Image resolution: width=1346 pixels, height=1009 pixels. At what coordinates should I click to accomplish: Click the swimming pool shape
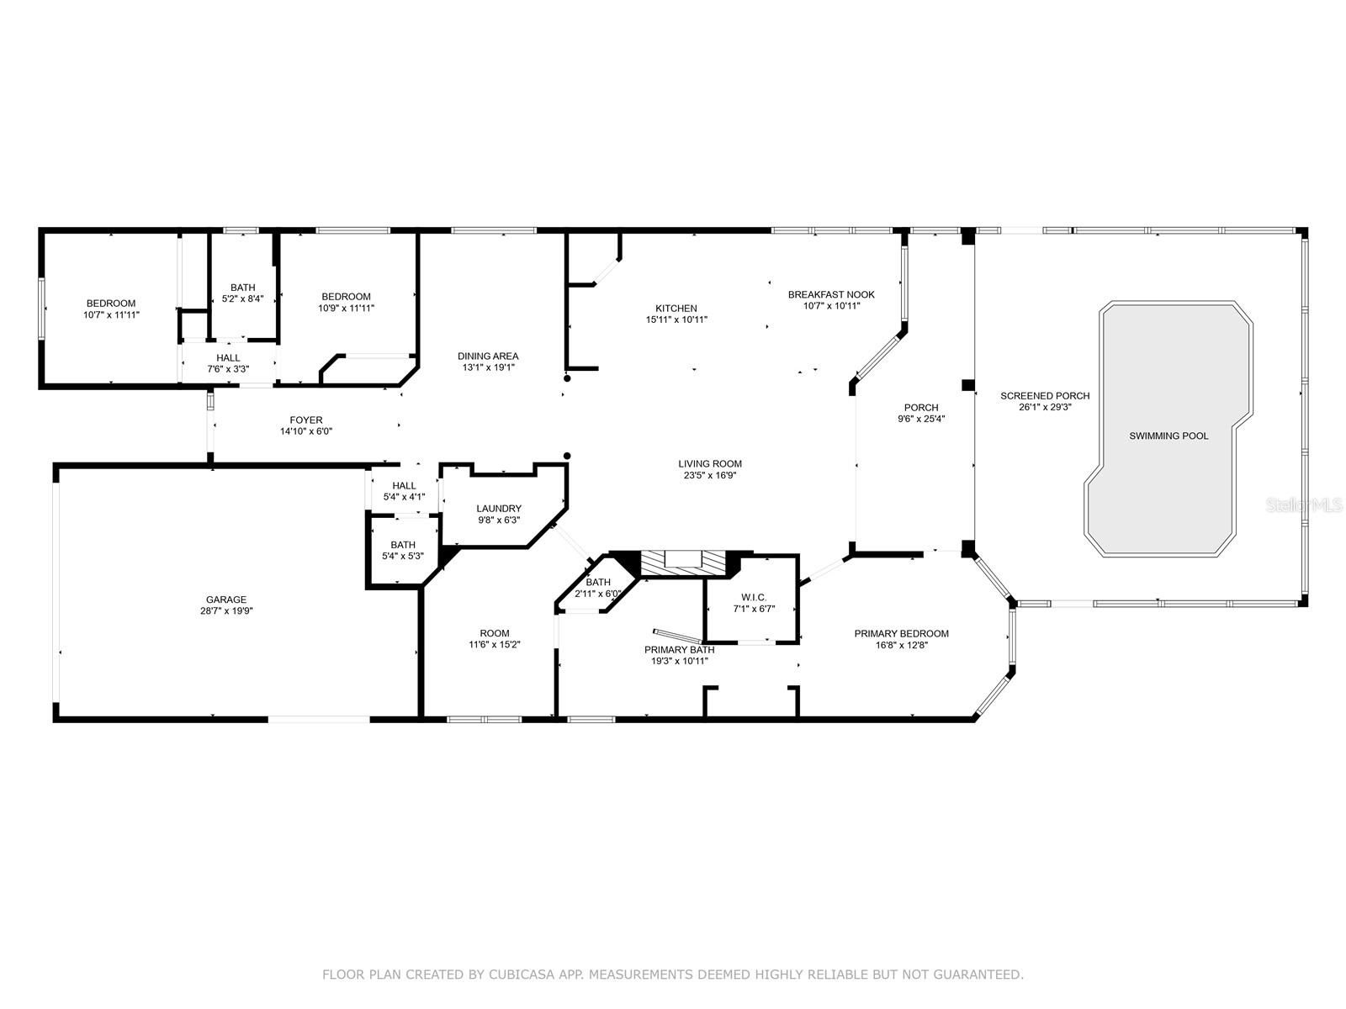(1168, 429)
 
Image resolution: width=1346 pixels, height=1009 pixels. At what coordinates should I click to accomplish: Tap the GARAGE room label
(226, 600)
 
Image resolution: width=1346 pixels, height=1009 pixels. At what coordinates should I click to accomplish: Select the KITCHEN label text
(676, 308)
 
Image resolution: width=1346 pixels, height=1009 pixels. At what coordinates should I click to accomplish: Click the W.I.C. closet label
(754, 597)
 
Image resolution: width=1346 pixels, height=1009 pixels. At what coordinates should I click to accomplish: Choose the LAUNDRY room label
(499, 509)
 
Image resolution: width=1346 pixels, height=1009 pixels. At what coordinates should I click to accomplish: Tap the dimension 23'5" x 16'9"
(709, 475)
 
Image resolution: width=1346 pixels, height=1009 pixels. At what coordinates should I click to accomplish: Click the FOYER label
(306, 420)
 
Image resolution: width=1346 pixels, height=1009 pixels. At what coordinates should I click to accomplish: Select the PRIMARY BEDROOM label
(902, 633)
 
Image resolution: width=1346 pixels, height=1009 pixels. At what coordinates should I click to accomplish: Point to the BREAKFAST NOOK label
(831, 294)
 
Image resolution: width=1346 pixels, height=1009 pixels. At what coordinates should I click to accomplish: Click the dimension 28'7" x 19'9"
(226, 610)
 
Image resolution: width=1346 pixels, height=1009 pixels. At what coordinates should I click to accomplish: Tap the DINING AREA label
(488, 356)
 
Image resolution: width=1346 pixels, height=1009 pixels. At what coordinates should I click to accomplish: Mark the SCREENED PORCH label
(1045, 396)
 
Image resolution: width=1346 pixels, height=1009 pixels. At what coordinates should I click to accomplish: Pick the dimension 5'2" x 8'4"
(243, 299)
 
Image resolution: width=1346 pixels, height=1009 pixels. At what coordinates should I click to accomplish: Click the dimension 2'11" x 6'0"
(598, 594)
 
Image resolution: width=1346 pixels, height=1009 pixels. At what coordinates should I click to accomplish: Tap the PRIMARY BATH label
(680, 650)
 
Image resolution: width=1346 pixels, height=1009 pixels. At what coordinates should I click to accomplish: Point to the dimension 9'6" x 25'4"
(921, 419)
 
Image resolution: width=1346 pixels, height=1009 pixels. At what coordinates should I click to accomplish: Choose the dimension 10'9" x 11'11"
(346, 308)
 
